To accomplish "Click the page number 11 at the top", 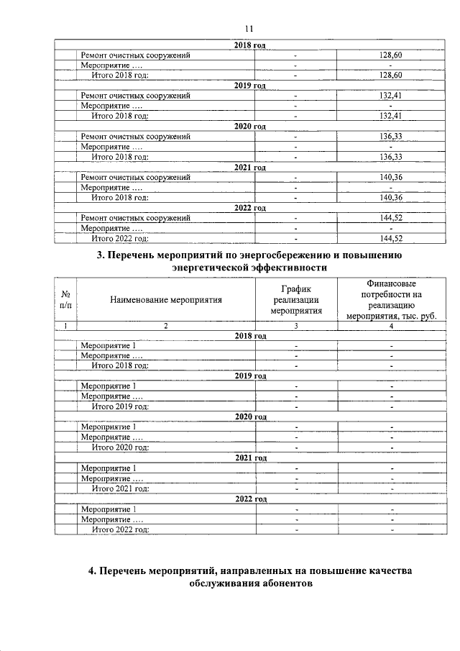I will click(249, 28).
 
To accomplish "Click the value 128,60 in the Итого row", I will click(390, 76).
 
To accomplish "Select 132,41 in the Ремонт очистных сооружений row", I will click(390, 96).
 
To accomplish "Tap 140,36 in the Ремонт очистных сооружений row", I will click(390, 177).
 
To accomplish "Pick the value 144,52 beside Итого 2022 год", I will click(390, 238).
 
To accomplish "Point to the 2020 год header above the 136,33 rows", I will click(250, 127).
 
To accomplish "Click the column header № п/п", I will click(66, 300).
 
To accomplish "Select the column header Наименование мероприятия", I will click(165, 300).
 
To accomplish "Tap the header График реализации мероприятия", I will click(295, 300).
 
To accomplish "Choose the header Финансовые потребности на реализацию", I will click(391, 300).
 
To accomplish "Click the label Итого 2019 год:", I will click(120, 406).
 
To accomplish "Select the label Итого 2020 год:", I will click(120, 447).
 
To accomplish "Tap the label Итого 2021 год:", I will click(120, 488).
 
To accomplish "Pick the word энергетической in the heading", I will click(211, 268).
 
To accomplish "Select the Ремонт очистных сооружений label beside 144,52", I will click(135, 218).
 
